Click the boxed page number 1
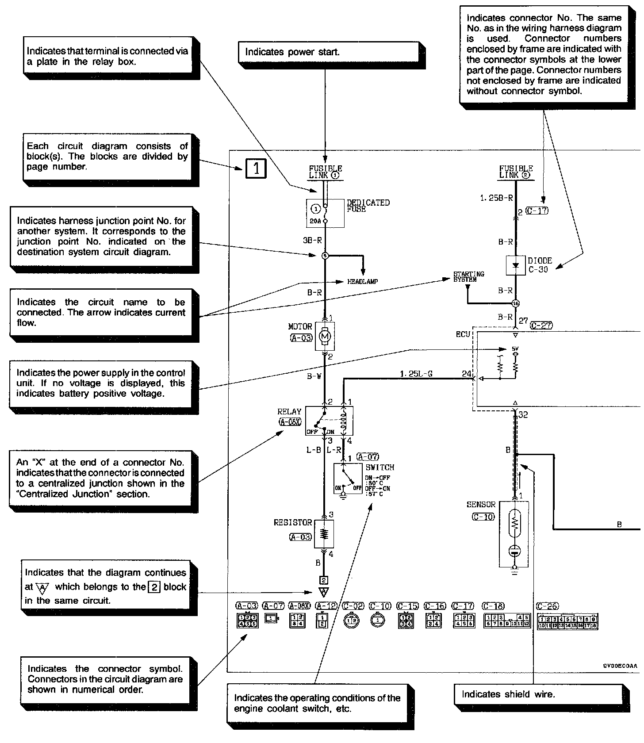coord(256,169)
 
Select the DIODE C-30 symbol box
coord(515,265)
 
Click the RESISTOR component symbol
coord(324,534)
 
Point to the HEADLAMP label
coord(362,282)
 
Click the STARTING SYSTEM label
coord(468,277)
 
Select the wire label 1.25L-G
coord(416,374)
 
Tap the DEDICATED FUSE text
coord(368,206)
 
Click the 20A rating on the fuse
coord(315,221)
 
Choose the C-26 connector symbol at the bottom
coord(567,622)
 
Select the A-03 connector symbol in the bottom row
coord(246,621)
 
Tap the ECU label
coord(463,334)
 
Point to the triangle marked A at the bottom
coord(324,592)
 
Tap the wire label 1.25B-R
coord(496,198)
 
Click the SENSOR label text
coord(481,505)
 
